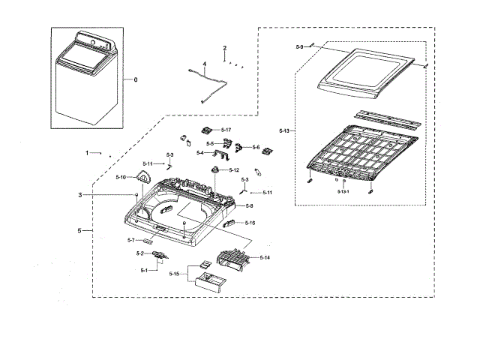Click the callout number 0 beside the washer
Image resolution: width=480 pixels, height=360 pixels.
[x=135, y=79]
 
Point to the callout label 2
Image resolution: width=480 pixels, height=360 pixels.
[x=224, y=49]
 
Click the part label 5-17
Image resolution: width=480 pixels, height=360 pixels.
[x=226, y=130]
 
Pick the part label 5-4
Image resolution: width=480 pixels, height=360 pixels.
[x=200, y=153]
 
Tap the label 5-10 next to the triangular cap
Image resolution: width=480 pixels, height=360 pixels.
[x=121, y=177]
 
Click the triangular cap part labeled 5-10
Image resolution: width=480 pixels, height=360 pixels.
[x=143, y=178]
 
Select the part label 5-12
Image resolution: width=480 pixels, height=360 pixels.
[x=235, y=170]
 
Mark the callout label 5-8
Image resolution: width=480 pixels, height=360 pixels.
[x=248, y=205]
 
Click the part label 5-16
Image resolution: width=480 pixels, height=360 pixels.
[x=250, y=223]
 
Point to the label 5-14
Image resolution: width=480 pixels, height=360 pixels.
[x=265, y=257]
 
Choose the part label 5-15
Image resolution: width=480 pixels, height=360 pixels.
[x=174, y=274]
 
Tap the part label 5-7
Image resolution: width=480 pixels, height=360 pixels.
[x=130, y=240]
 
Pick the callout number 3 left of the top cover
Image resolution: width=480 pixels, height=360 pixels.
[x=79, y=195]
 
